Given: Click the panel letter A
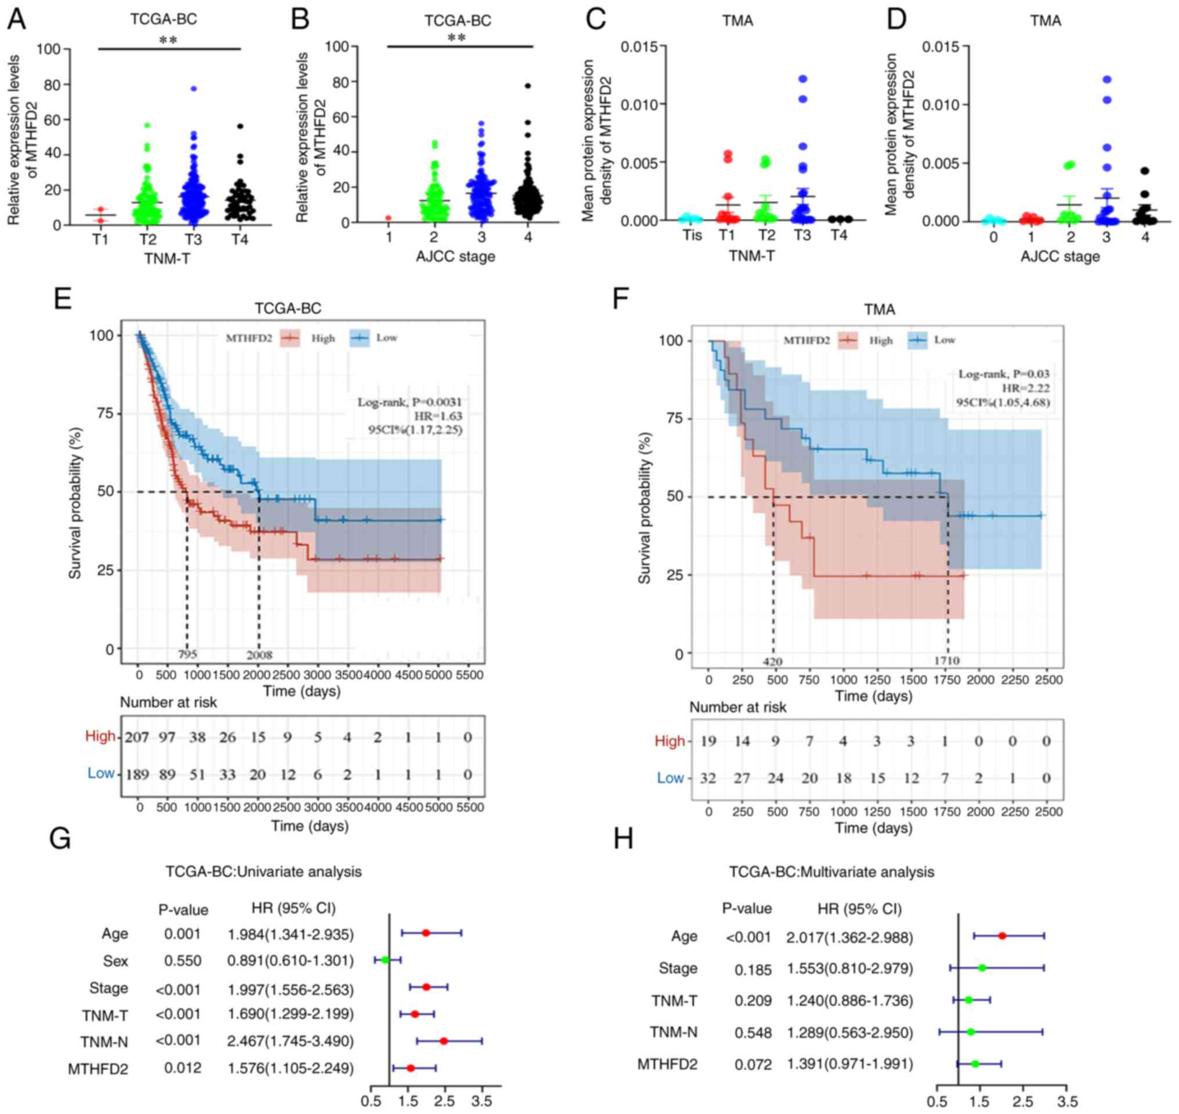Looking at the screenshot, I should coord(17,20).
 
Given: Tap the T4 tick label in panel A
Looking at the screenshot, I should coord(240,239).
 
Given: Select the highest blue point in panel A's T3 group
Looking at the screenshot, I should coord(193,88).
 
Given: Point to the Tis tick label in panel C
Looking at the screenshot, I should coord(692,235).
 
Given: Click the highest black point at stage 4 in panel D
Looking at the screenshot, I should coord(1145,171).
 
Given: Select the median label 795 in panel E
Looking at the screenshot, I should coord(187,655).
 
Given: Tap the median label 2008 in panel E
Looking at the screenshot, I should coord(259,655).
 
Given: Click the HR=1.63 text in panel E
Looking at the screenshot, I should coord(437,415).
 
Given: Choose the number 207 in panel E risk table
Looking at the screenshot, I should coord(136,737).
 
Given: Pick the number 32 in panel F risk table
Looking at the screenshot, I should coord(707,778).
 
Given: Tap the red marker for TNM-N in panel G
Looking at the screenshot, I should coord(444,1041).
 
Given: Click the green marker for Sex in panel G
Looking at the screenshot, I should coord(385,960).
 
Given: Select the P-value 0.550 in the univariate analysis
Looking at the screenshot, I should coord(182,960).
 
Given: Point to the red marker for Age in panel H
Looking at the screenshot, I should coord(1002,936).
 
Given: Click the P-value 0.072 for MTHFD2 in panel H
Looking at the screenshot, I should coord(753,1065).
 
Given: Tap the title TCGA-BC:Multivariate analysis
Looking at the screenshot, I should coord(831,871).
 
